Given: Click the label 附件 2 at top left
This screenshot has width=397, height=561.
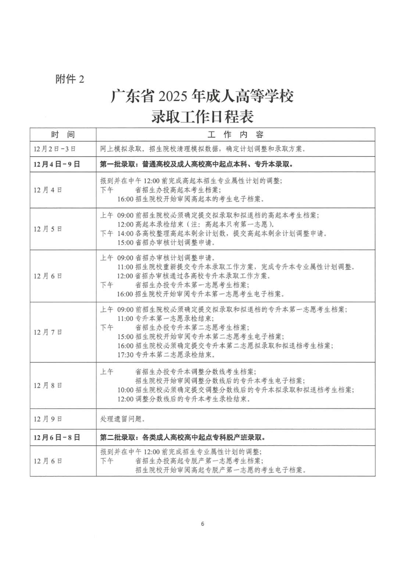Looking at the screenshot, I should [x=70, y=79].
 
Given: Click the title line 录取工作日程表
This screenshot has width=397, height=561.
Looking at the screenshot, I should [x=202, y=117].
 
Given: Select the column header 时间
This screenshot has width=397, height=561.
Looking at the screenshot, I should [x=63, y=134].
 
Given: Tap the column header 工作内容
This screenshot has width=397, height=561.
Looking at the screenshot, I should [x=235, y=134].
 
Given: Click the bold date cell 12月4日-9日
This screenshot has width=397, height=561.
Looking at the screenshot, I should [x=57, y=164].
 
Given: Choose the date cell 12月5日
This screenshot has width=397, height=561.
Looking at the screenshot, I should [x=48, y=229].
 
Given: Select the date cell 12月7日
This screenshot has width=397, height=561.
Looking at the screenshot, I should [x=48, y=332].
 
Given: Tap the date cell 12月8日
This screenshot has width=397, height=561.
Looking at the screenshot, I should [x=48, y=385].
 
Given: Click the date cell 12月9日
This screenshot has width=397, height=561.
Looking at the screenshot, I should [x=48, y=419].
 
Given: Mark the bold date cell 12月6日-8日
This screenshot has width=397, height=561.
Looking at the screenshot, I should [x=57, y=438].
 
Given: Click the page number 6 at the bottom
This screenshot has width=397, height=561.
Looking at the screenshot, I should [x=203, y=524].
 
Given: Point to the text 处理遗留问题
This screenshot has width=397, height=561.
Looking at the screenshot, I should [x=123, y=419].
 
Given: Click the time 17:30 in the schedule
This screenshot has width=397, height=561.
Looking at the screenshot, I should [x=125, y=355].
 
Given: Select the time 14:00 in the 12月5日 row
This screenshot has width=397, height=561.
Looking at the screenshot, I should [x=125, y=234].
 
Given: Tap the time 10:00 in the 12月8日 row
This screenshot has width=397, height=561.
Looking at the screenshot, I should [x=125, y=390].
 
